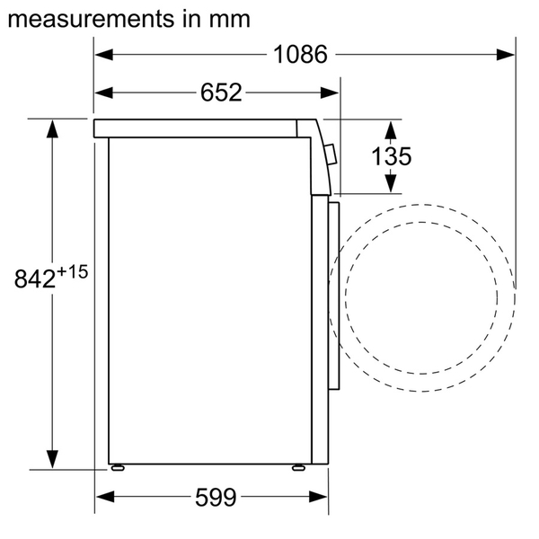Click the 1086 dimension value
pyautogui.click(x=299, y=55)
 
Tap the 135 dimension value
pyautogui.click(x=391, y=156)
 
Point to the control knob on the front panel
pyautogui.click(x=331, y=155)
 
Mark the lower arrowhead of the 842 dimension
pyautogui.click(x=53, y=459)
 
